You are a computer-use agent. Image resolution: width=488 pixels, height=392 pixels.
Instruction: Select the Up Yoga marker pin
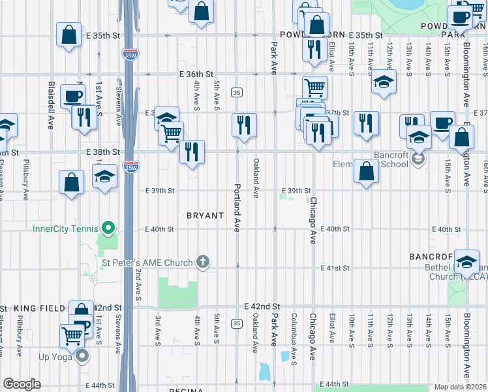click(x=83, y=356)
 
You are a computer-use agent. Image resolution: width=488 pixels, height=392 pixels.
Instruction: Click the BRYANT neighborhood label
click(x=206, y=215)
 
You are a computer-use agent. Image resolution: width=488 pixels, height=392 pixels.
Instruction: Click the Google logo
click(x=22, y=384)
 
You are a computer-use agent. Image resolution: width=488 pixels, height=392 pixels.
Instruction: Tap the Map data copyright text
click(x=459, y=387)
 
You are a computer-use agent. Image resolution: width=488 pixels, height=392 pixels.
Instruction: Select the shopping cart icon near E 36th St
click(x=314, y=86)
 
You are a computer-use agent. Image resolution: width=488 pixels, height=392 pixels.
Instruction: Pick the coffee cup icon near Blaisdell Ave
click(x=72, y=96)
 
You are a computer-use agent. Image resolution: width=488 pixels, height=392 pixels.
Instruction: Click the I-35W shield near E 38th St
click(x=131, y=167)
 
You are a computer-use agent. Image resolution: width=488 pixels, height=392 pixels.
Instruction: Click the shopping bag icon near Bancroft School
click(x=367, y=171)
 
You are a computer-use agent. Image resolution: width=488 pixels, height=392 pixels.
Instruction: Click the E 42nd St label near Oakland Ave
click(x=262, y=306)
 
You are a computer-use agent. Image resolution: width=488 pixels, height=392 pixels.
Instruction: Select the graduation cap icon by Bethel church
click(x=466, y=261)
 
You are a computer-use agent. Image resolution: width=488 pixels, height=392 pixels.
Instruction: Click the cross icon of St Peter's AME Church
click(x=203, y=263)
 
